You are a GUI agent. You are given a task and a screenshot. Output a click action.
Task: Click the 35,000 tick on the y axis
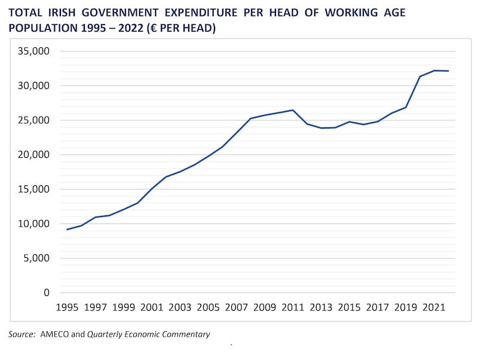(x=33, y=51)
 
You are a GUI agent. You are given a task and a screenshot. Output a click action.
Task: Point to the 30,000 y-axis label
(x=33, y=86)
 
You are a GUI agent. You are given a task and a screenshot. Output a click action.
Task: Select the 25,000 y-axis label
(x=33, y=120)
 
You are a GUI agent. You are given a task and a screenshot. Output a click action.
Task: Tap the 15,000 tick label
(x=33, y=190)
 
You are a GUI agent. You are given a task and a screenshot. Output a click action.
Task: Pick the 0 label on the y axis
(x=45, y=293)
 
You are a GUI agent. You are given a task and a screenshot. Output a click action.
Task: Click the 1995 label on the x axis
(x=67, y=307)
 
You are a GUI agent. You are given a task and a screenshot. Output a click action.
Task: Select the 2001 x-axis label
(x=152, y=307)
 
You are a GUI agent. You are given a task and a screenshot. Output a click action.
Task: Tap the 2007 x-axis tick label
(x=237, y=307)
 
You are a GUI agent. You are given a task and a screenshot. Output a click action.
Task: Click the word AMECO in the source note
(x=54, y=334)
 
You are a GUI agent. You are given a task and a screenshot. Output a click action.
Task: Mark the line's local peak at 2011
(x=293, y=110)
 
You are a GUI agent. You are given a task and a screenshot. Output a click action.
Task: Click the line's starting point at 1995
(x=67, y=230)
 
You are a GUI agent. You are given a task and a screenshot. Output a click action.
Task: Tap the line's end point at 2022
(x=449, y=71)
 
